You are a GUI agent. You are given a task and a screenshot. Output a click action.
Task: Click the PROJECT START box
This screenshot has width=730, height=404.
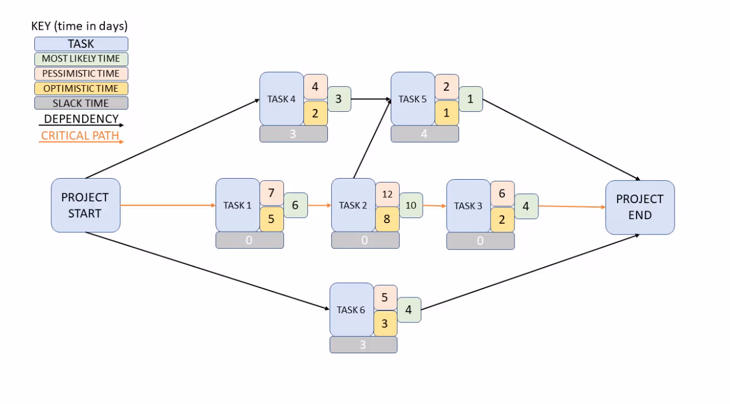coord(86,205)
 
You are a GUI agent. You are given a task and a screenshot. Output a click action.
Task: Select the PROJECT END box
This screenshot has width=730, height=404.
coord(640,207)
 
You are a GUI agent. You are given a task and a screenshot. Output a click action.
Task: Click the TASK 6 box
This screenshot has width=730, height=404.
coord(351,310)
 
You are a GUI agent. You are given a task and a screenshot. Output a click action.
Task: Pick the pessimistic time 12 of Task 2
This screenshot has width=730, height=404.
coord(387,194)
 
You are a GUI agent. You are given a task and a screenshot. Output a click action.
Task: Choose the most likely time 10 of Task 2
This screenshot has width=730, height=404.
coord(411,205)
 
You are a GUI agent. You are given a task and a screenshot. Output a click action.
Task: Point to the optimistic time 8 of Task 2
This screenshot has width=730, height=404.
coord(387,219)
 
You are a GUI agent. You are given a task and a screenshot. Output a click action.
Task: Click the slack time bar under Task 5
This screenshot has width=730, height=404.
coord(424,134)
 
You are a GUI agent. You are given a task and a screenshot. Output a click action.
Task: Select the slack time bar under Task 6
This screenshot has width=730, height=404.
coord(363,345)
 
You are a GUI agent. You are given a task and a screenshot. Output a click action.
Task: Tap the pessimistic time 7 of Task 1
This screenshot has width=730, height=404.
coord(271,193)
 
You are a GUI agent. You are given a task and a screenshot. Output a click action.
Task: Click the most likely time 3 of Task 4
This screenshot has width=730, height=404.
coord(339,99)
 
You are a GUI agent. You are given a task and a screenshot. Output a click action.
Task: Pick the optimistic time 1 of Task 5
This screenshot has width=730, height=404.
coord(447,113)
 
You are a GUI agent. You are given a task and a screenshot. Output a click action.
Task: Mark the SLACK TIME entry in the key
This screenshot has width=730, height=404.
coord(81,103)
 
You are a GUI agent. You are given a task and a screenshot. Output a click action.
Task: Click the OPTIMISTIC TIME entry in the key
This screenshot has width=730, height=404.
coord(81,88)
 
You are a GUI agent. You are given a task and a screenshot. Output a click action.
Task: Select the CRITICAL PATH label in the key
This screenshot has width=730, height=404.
coord(80,136)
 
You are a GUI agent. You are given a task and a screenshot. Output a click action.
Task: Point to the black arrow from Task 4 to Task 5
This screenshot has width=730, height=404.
coord(371,99)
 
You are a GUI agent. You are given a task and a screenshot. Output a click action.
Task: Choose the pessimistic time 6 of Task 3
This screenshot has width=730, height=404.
coord(502,193)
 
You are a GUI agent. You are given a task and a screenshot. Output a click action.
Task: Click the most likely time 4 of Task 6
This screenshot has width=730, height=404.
coord(409,310)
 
